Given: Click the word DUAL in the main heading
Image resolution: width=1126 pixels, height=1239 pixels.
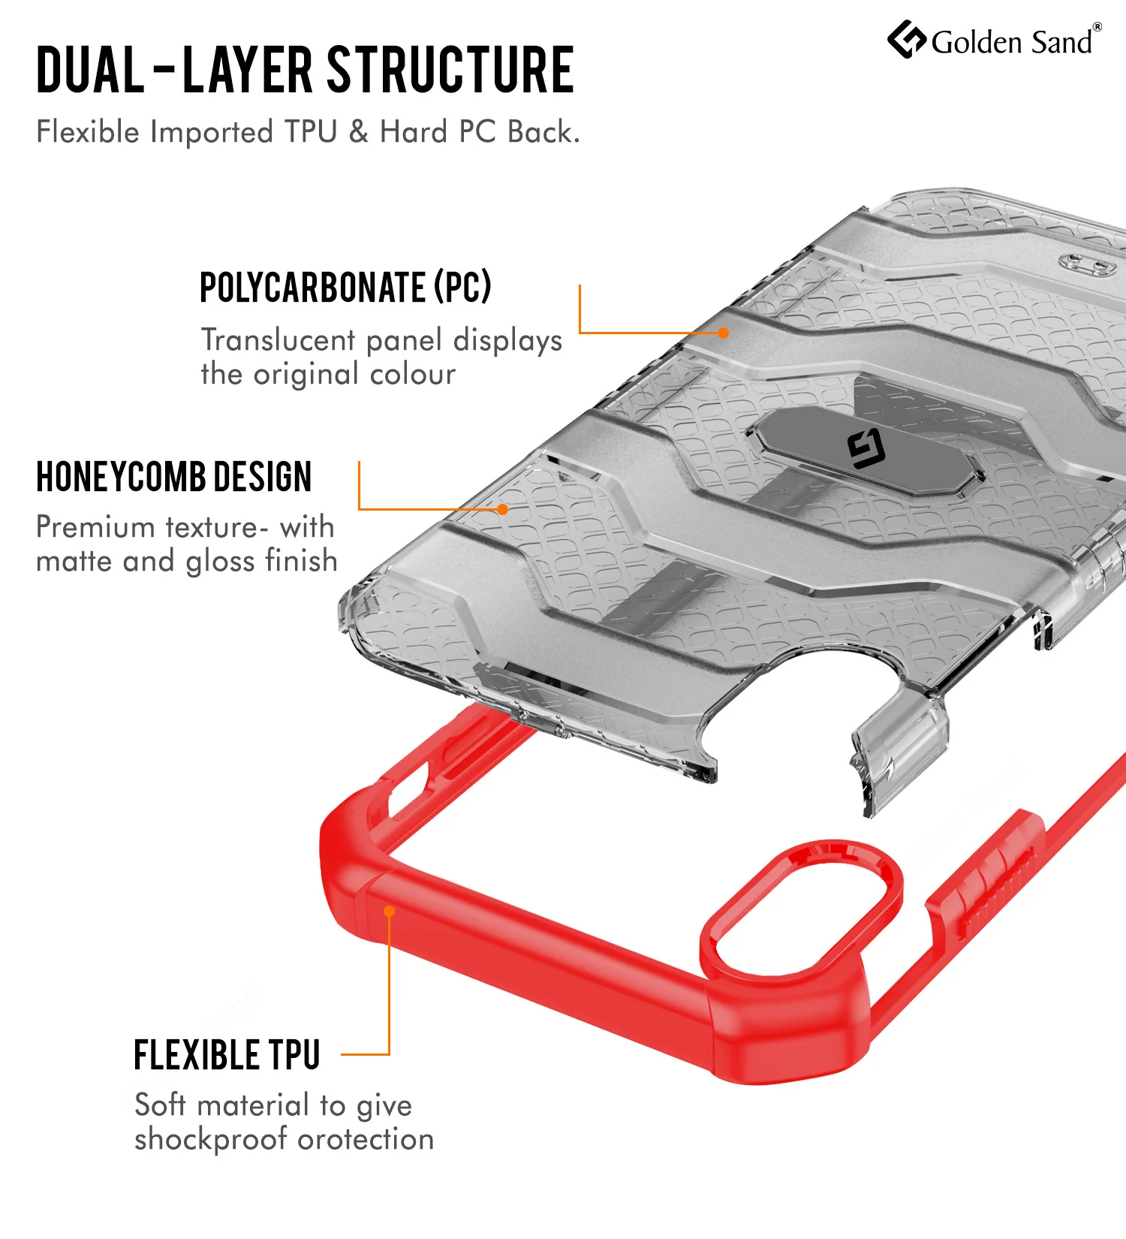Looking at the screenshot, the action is pos(91,70).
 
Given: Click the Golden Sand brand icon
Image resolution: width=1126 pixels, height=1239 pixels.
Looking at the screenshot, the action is pos(907,39).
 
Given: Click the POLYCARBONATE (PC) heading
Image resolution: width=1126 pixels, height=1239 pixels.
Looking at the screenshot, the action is pos(345,287).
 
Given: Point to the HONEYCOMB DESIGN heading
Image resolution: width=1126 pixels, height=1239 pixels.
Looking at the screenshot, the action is pos(173,477).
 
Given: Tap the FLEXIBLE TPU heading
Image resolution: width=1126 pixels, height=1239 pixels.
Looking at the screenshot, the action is pos(227,1055).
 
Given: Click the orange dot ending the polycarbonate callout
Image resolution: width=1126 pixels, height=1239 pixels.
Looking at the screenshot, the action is pos(723,333).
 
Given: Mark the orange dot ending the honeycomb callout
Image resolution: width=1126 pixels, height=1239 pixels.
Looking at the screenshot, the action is pos(503,509).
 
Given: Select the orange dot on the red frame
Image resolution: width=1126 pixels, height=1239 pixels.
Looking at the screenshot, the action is pos(390,911).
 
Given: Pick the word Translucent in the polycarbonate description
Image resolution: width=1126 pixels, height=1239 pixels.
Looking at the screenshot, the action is pos(278,340).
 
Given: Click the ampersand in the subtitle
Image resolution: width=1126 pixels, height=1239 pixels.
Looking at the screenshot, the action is pos(359,132).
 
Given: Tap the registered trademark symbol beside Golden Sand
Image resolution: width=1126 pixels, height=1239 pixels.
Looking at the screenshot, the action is pos(1097,27).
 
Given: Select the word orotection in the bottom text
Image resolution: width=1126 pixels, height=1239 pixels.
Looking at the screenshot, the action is pos(366,1140).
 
